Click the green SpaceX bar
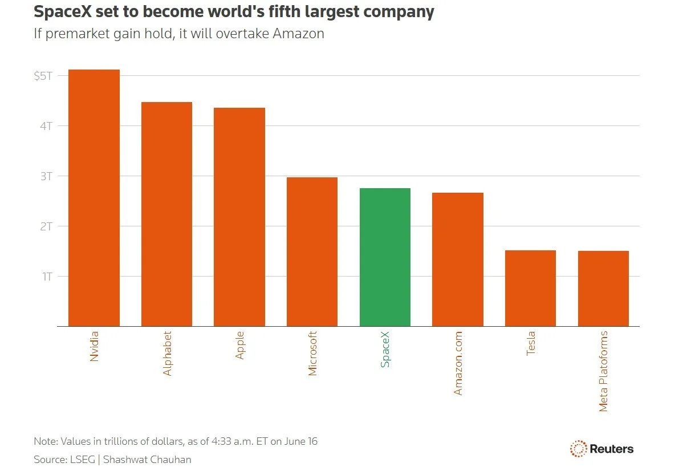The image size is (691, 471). click(x=385, y=257)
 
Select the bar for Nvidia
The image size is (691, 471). click(x=94, y=198)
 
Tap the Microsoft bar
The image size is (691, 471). click(x=312, y=251)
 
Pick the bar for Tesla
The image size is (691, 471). click(x=530, y=288)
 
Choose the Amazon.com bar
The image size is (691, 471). click(x=458, y=259)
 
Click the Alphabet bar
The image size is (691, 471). click(x=166, y=214)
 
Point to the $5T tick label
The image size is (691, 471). click(x=43, y=76)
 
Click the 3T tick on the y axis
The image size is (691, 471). click(x=46, y=176)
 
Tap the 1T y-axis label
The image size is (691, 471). click(x=47, y=277)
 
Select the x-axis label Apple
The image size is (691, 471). click(x=239, y=345)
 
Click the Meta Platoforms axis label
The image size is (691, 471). click(x=603, y=371)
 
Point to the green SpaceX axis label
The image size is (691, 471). click(x=385, y=349)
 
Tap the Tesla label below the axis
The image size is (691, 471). click(x=530, y=343)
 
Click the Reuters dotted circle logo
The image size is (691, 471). click(x=579, y=449)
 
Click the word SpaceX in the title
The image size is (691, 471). click(x=63, y=12)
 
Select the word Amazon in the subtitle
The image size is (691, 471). click(x=298, y=33)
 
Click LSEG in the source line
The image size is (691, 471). click(x=83, y=460)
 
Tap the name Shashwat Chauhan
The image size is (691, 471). click(x=147, y=460)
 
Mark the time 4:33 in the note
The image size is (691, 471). click(x=221, y=441)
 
